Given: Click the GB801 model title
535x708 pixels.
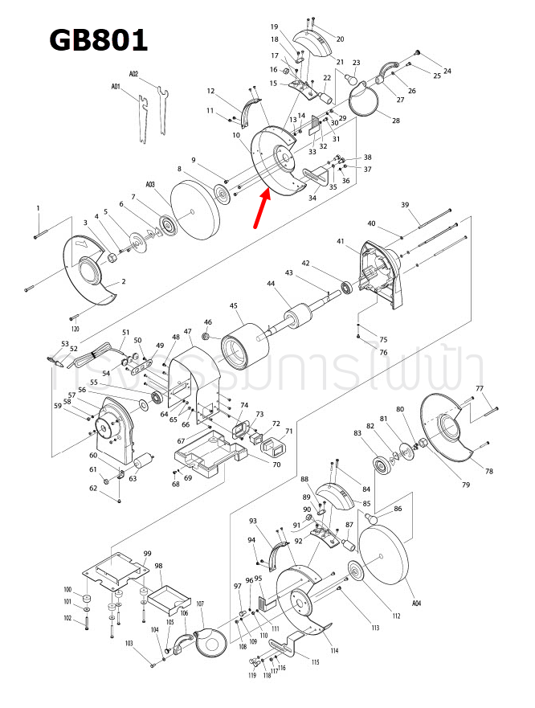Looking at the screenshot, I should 98,39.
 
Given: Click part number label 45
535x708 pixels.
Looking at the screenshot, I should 234,305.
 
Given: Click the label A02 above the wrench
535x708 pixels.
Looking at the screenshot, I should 134,74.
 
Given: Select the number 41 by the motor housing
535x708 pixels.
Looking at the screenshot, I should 341,241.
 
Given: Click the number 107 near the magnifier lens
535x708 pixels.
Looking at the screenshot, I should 200,604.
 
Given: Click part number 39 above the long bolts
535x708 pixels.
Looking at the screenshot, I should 405,205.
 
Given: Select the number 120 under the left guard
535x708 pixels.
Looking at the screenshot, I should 75,329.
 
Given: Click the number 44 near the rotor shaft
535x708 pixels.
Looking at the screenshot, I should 270,284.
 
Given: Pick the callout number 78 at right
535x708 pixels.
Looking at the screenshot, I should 488,471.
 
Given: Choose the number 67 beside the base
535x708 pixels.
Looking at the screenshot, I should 181,440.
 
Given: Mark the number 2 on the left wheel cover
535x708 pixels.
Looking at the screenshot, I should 123,282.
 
